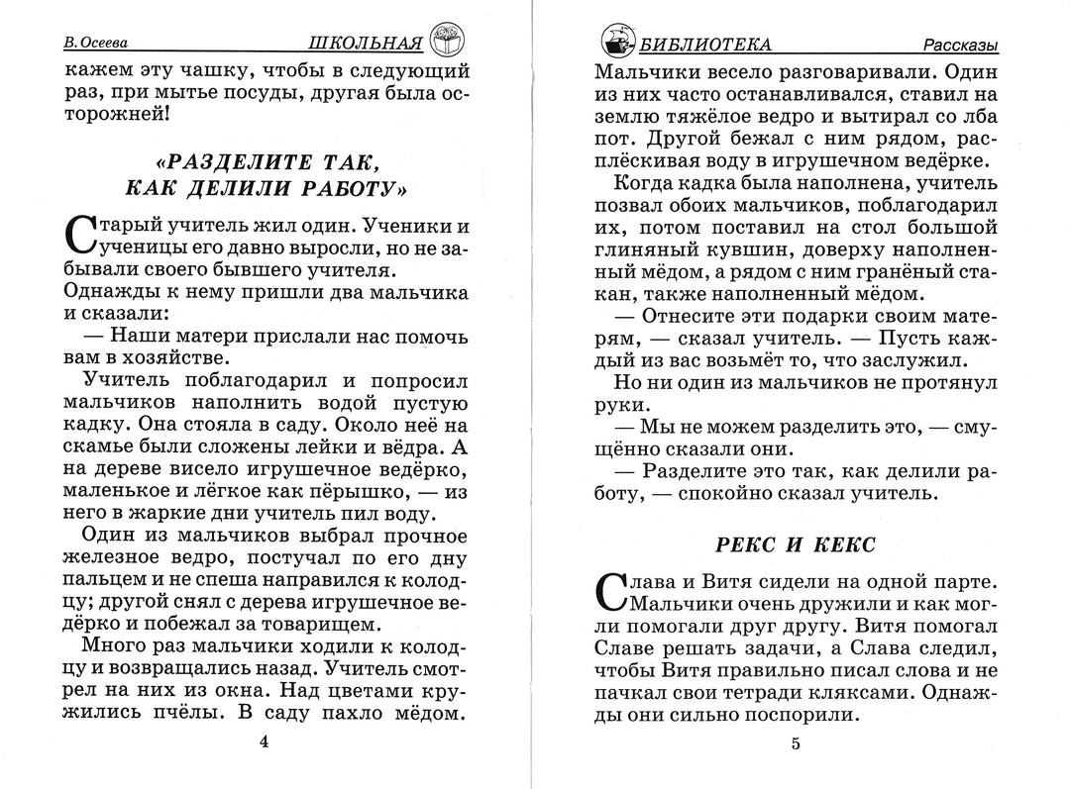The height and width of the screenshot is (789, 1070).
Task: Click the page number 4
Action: tap(263, 741)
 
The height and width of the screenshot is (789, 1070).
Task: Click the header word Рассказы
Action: tap(960, 46)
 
